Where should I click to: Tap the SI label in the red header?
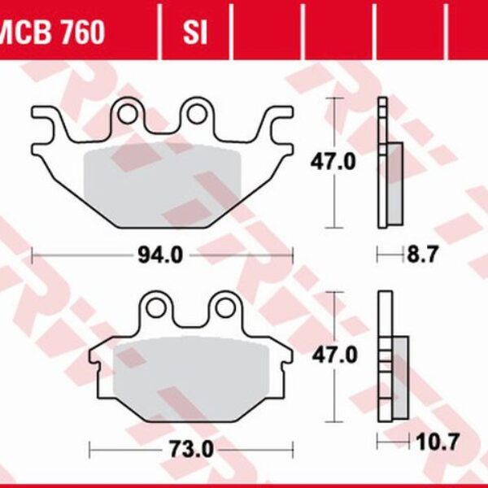coord(194,33)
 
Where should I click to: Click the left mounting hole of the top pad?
coord(129,113)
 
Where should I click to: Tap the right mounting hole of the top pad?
coord(195,113)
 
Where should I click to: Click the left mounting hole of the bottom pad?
coord(156,307)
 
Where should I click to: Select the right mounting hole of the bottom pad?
coord(223,307)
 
